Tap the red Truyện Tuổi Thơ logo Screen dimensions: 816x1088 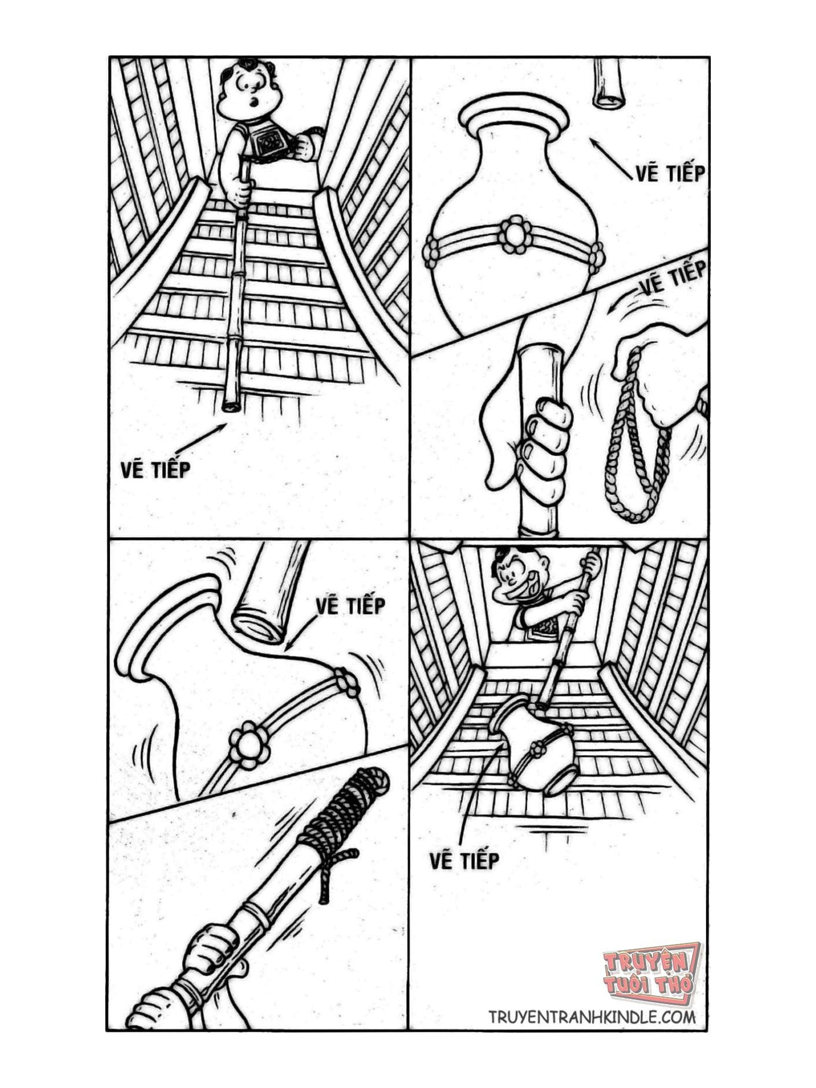coord(650,973)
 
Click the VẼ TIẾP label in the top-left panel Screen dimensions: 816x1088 coord(156,468)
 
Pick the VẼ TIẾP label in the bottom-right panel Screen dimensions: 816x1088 coord(464,861)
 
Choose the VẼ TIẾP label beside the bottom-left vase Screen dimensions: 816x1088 coord(350,606)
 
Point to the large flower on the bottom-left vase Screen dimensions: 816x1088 coord(249,744)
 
